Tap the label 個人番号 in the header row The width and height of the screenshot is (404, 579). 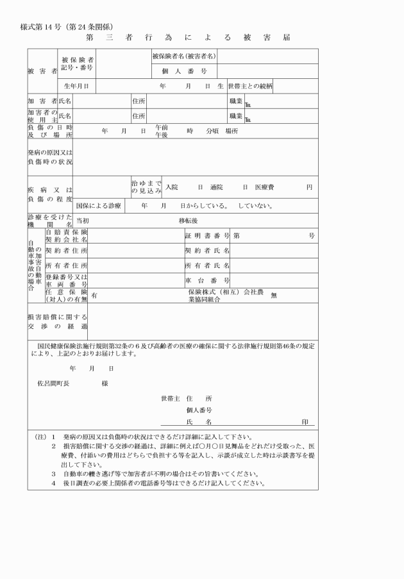184,71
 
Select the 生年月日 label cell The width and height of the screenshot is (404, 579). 76,85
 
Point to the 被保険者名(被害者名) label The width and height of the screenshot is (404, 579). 184,56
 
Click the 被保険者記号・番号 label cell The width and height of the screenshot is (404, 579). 76,63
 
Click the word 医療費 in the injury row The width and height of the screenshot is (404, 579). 264,187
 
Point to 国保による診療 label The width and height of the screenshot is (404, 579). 98,206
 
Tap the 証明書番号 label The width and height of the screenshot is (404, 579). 207,235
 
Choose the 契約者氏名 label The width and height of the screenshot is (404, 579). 207,250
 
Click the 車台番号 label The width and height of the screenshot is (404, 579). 207,280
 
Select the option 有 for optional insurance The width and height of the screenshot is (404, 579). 94,295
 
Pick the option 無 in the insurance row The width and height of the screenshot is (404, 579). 274,295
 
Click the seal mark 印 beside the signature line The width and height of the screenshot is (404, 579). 305,422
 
